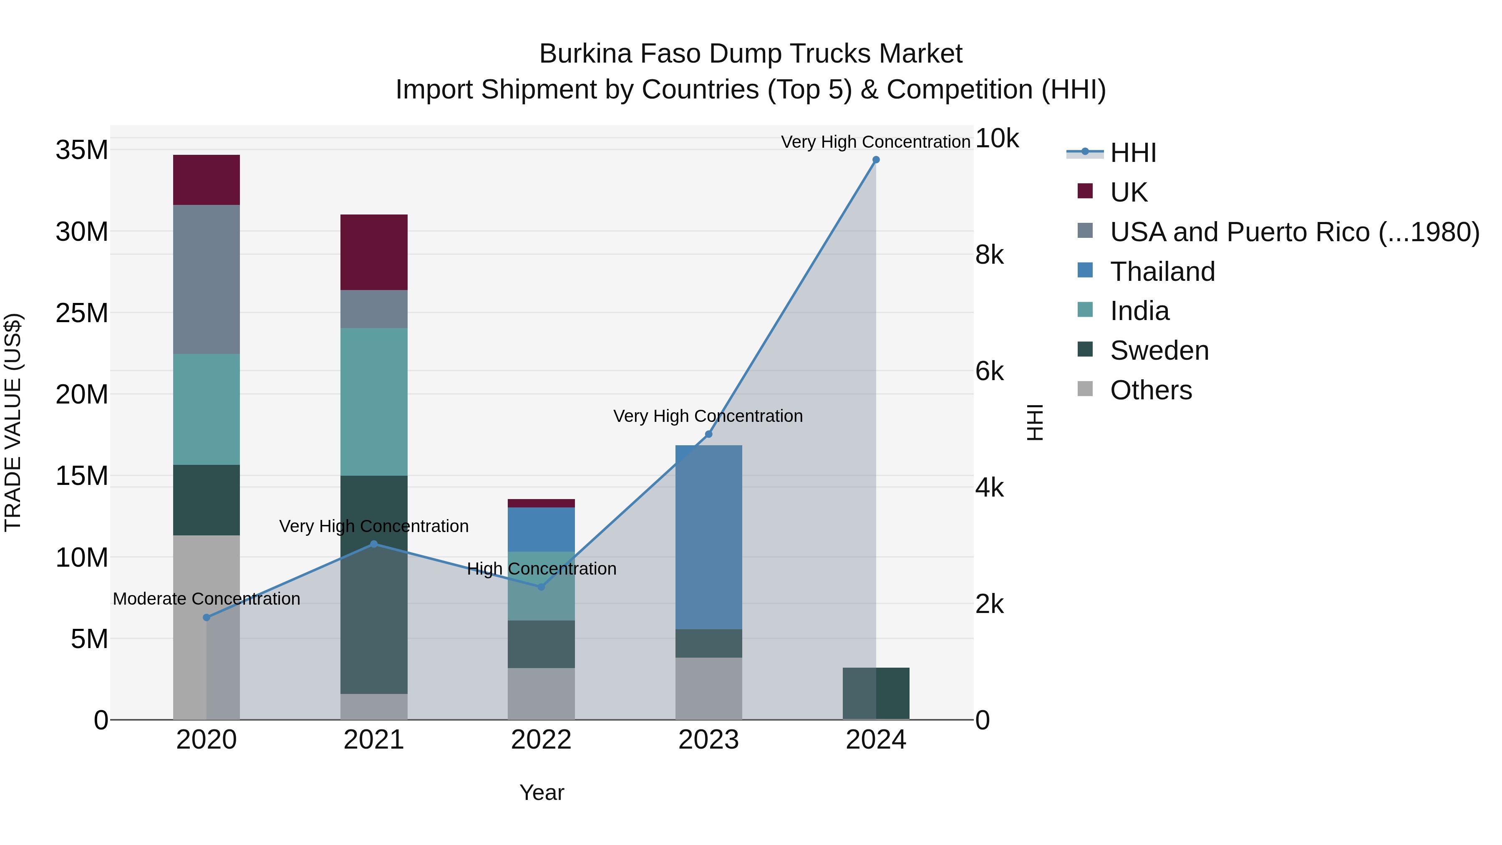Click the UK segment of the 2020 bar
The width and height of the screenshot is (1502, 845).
pos(207,179)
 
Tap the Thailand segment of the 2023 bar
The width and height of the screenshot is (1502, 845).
pos(708,537)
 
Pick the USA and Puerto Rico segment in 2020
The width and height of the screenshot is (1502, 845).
pos(207,279)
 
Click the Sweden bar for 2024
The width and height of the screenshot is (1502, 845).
pos(876,694)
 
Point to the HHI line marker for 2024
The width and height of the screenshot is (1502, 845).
pos(876,160)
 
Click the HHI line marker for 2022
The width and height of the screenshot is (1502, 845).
pos(541,587)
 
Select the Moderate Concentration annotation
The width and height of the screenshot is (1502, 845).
pos(207,599)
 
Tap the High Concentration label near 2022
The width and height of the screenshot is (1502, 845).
pos(541,569)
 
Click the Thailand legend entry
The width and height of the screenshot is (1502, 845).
pos(1162,272)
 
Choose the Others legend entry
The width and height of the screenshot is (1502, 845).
pos(1150,390)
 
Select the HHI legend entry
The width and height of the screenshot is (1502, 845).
pos(1133,153)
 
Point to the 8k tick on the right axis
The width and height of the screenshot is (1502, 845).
pos(990,255)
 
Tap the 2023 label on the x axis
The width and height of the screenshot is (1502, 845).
pos(708,740)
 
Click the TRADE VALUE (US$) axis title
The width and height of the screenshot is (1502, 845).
pos(13,422)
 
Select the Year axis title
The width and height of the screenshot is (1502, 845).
pos(542,792)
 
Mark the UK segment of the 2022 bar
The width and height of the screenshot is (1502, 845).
pos(541,503)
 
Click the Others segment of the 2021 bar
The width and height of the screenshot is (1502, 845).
pos(374,706)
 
